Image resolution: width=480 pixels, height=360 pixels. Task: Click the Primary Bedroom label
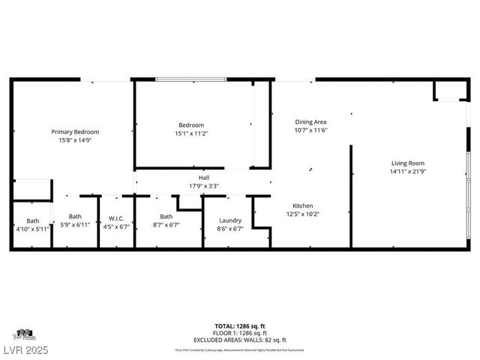click(x=75, y=132)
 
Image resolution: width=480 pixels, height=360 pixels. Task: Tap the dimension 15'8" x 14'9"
click(x=75, y=140)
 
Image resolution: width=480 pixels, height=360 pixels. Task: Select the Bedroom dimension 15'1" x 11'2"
click(x=190, y=133)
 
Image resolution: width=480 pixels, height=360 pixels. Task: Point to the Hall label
click(x=203, y=178)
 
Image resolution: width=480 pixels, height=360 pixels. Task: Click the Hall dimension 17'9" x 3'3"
click(x=203, y=186)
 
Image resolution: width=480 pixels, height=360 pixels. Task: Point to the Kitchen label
click(x=302, y=205)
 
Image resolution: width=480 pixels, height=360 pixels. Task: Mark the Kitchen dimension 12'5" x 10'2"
click(x=302, y=214)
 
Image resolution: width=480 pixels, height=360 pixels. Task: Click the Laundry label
click(x=229, y=220)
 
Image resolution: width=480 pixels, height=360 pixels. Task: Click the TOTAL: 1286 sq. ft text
click(x=240, y=327)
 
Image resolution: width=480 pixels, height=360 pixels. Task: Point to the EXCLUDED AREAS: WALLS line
click(x=240, y=340)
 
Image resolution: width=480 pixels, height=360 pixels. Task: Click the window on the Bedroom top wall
click(x=190, y=79)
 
